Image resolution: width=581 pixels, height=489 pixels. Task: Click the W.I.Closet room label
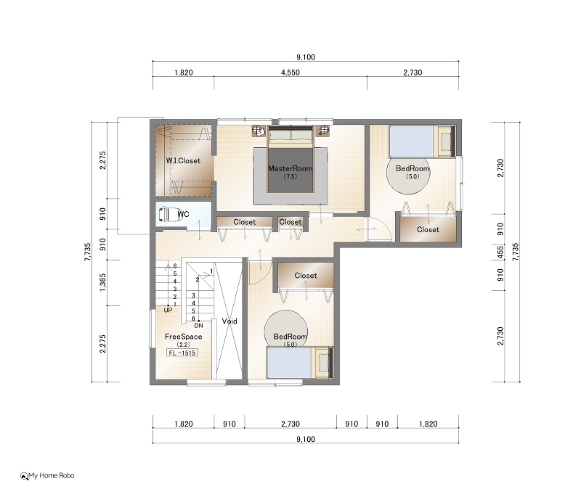tap(183, 160)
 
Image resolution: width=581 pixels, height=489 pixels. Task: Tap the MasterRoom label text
tap(290, 168)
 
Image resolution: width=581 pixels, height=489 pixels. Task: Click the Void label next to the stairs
tap(229, 321)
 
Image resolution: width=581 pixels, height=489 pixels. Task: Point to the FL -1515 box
tap(182, 353)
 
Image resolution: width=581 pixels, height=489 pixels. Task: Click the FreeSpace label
tap(184, 337)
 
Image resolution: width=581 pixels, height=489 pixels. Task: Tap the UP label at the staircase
tap(168, 310)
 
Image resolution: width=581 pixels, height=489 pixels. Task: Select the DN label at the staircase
tap(198, 325)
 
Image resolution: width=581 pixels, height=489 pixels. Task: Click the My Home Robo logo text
tap(51, 476)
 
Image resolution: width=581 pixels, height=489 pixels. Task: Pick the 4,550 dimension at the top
tap(290, 73)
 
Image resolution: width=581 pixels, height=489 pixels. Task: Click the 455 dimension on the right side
tap(500, 252)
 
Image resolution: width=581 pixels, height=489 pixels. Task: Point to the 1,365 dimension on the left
tap(103, 282)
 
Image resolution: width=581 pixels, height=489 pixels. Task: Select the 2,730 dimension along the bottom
tap(290, 424)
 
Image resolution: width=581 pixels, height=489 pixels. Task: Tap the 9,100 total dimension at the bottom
tap(306, 440)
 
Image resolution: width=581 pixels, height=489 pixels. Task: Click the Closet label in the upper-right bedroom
tap(428, 229)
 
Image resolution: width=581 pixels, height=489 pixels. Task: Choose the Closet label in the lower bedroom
tap(306, 276)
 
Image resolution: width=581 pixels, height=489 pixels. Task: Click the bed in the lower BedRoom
tap(299, 363)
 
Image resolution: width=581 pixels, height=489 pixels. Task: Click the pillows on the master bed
tap(290, 136)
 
